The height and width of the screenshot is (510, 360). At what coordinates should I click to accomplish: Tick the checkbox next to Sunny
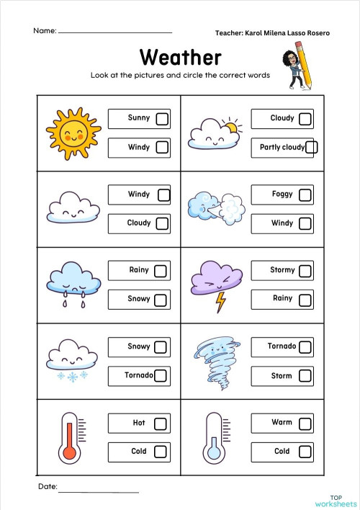pyautogui.click(x=162, y=118)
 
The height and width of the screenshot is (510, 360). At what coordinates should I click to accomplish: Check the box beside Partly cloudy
pyautogui.click(x=311, y=148)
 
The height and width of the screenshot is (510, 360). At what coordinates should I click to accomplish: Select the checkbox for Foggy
pyautogui.click(x=305, y=194)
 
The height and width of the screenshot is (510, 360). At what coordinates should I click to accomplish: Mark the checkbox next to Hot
pyautogui.click(x=161, y=423)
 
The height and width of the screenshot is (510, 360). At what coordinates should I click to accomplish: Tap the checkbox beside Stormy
pyautogui.click(x=305, y=271)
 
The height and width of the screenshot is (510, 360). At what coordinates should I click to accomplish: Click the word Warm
pyautogui.click(x=282, y=422)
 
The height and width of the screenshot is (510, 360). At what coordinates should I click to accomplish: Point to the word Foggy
pyautogui.click(x=282, y=194)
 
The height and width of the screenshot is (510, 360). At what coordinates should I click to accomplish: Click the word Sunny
pyautogui.click(x=139, y=117)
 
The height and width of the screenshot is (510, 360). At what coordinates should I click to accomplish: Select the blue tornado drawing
pyautogui.click(x=215, y=358)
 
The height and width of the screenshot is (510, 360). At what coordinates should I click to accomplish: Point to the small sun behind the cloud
pyautogui.click(x=230, y=128)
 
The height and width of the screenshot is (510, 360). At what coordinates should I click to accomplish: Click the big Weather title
pyautogui.click(x=180, y=57)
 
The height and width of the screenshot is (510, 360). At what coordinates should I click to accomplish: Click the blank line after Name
pyautogui.click(x=115, y=32)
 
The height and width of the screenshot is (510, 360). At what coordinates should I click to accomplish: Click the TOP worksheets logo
pyautogui.click(x=335, y=501)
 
